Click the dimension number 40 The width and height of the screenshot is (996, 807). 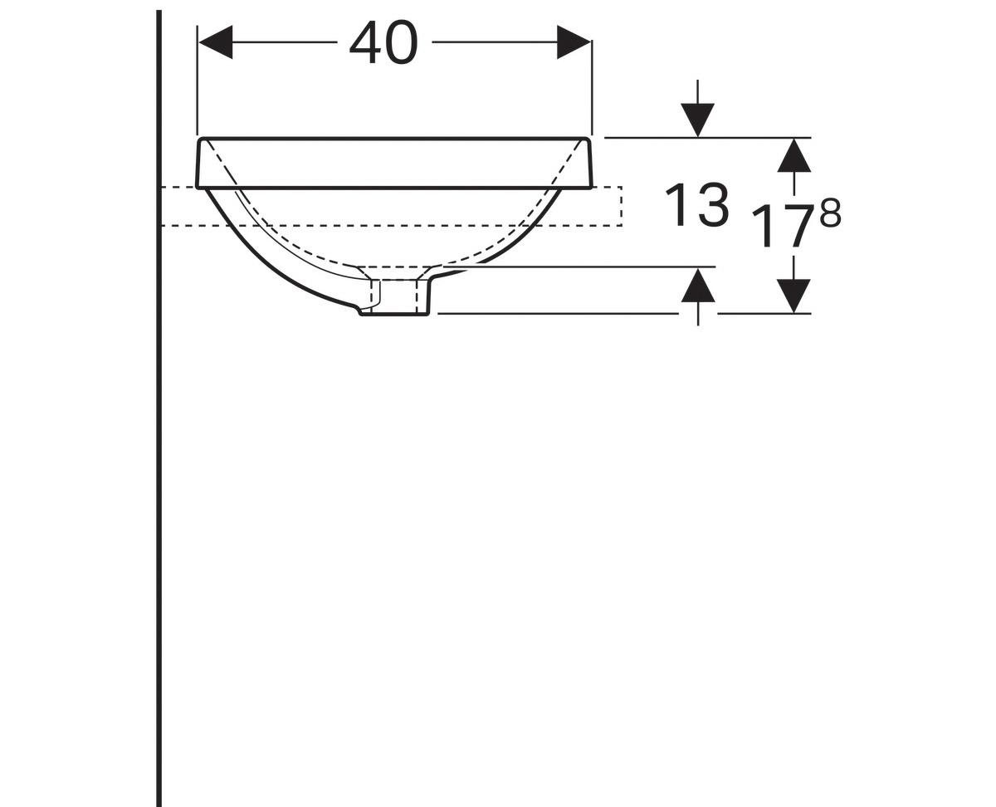tap(383, 42)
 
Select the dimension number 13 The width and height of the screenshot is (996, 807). tap(696, 205)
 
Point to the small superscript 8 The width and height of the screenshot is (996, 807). tap(830, 215)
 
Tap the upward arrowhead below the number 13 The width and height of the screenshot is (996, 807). tap(697, 286)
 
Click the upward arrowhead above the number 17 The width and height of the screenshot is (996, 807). tap(794, 155)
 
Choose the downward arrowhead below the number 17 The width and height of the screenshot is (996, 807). tap(794, 296)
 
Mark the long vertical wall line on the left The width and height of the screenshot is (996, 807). tap(159, 498)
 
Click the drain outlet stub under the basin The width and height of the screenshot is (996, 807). tap(397, 297)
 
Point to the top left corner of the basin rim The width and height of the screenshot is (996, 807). tap(200, 140)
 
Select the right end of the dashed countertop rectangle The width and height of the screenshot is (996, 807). tap(621, 207)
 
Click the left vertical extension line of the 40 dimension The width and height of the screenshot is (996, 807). tap(198, 83)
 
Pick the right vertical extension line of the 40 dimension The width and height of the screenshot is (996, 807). tap(591, 83)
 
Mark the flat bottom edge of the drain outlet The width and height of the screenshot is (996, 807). tap(395, 315)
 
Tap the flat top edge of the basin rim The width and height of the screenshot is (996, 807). tap(394, 139)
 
